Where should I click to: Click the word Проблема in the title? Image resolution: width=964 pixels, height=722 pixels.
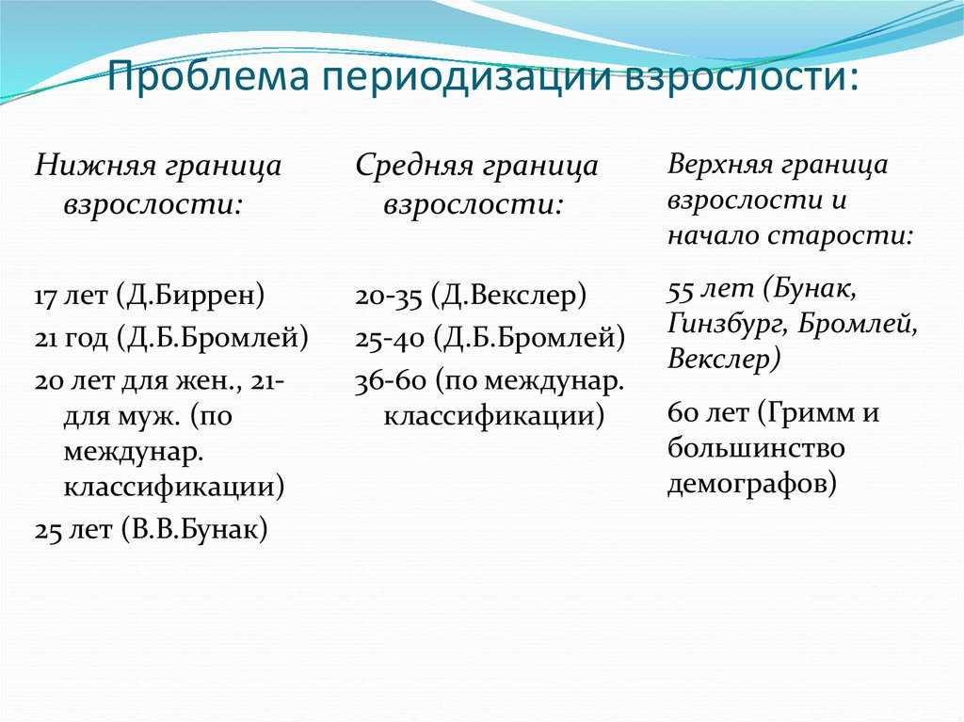point(207,76)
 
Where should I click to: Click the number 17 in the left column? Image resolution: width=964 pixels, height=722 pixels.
point(45,297)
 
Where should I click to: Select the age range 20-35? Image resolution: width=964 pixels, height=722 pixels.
point(389,297)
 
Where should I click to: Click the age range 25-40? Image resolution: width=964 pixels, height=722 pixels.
point(390,338)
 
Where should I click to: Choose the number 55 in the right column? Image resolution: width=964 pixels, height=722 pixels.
point(681,290)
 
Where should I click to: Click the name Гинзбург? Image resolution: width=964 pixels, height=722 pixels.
point(726,324)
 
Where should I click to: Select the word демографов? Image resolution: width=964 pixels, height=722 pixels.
point(752,483)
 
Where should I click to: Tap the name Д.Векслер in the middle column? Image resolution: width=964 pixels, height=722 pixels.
point(509,296)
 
